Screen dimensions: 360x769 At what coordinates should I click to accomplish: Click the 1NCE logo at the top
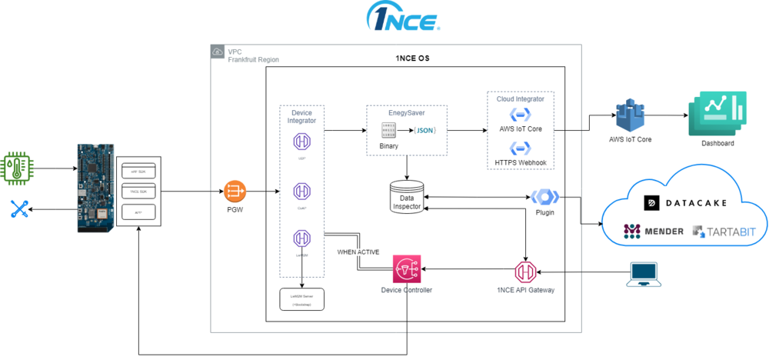coord(404,18)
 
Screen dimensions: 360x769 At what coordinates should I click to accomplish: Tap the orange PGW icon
coord(235,189)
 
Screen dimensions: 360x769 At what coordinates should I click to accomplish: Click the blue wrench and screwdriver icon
coord(19,208)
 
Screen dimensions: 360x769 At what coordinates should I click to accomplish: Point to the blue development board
coord(93,188)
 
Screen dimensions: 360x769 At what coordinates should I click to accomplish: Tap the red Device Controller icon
coord(406,269)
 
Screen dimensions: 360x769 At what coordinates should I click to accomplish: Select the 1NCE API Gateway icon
coord(526,271)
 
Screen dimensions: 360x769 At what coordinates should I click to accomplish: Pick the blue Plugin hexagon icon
coord(545,197)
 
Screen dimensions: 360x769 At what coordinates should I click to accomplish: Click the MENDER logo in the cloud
coord(653,231)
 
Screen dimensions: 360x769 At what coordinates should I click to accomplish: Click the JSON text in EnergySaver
coord(425,130)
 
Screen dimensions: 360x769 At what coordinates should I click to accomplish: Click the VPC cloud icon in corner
coord(218,52)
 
